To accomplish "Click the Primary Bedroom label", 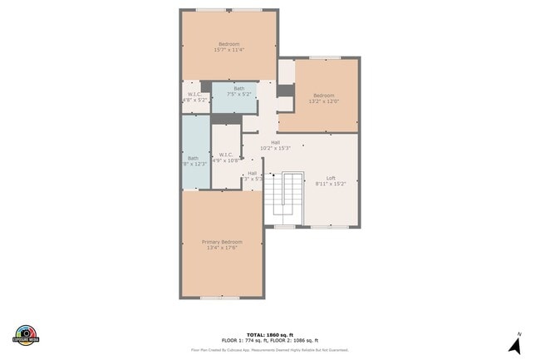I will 222,242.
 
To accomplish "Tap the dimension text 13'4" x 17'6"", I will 222,247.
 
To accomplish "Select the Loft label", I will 330,178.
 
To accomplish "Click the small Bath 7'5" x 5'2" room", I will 238,91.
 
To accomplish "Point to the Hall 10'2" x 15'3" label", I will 274,145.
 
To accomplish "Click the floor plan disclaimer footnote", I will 269,350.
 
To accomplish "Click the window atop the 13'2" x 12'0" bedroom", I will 325,57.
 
